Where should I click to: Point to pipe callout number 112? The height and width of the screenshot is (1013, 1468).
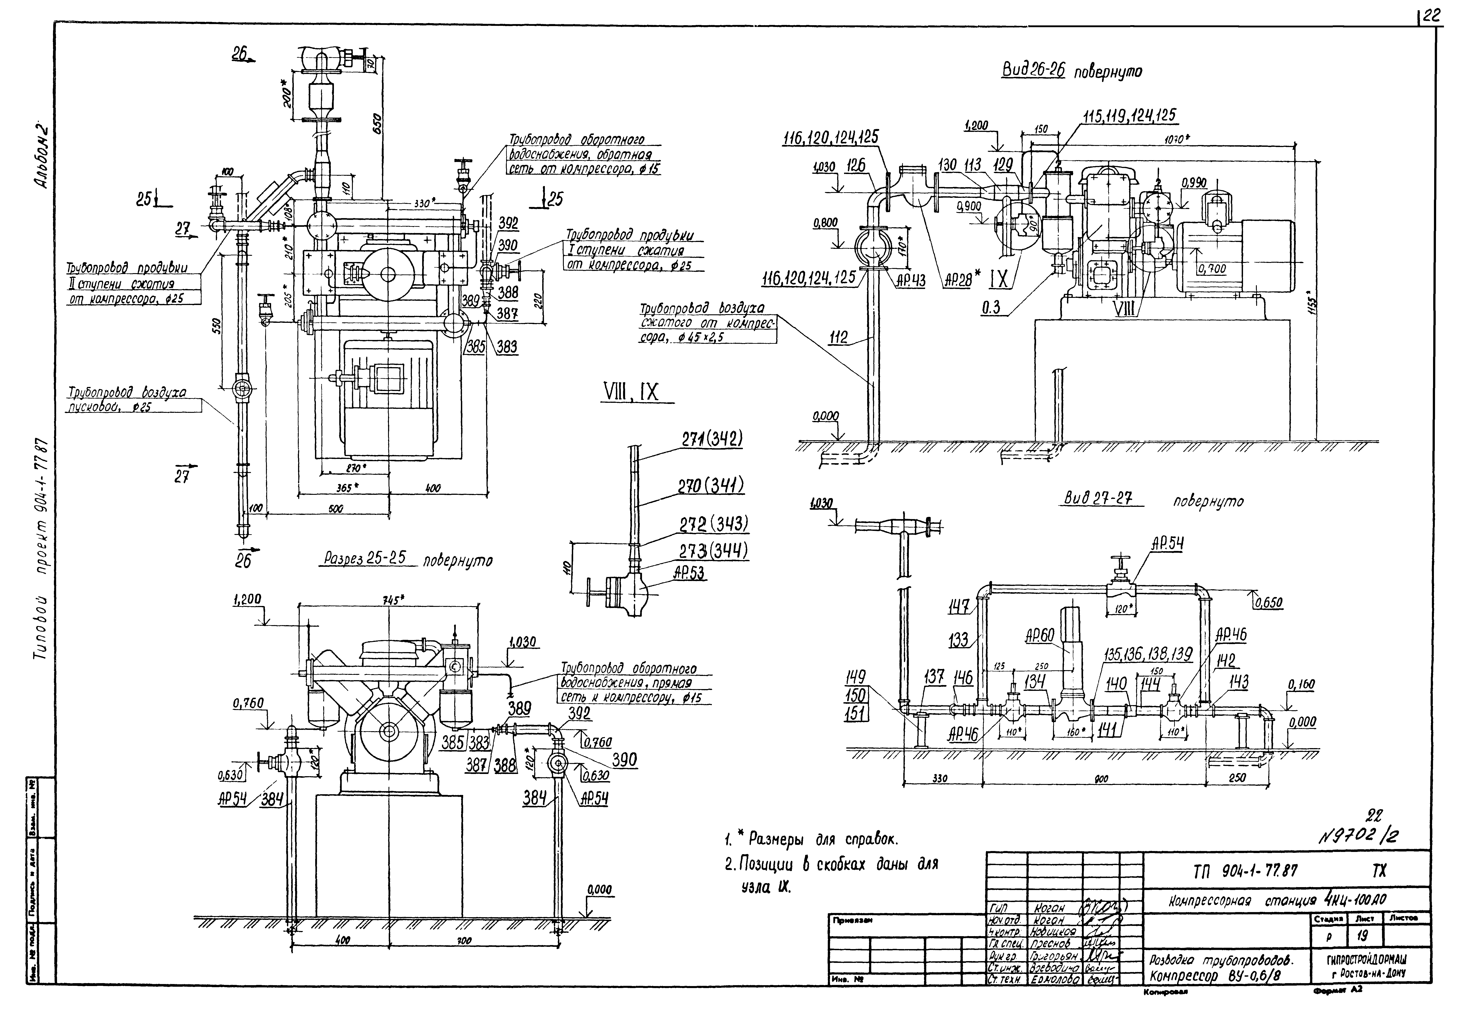pyautogui.click(x=838, y=337)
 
